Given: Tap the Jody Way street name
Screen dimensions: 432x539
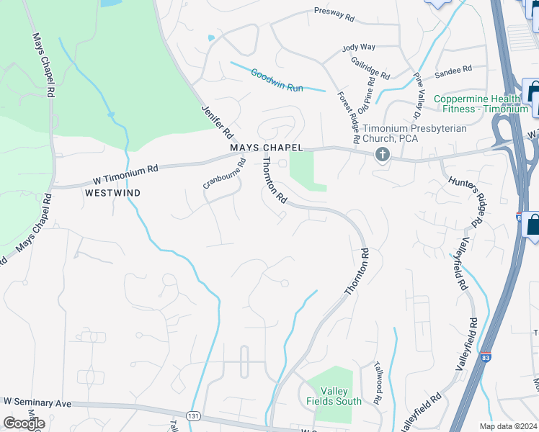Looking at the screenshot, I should [x=359, y=48].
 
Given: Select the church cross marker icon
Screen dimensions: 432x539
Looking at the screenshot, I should [x=382, y=154].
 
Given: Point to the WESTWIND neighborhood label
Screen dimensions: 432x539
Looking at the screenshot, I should [x=112, y=194].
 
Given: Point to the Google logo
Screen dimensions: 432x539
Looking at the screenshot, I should [x=24, y=423].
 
